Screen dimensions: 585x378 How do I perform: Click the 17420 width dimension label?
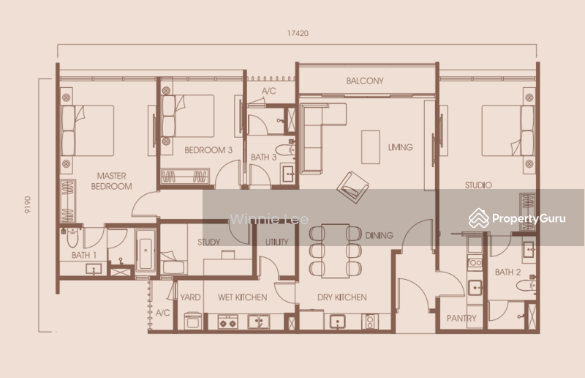click(x=298, y=33)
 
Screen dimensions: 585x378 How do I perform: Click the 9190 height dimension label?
click(x=28, y=205)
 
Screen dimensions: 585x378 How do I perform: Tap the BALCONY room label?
click(x=364, y=81)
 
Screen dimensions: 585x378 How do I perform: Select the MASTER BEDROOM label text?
click(x=112, y=181)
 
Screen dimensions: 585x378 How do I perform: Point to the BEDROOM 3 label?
click(x=208, y=150)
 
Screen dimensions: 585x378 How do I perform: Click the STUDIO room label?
click(x=478, y=185)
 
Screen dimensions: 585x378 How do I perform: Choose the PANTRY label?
click(x=461, y=318)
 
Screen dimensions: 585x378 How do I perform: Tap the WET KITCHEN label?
click(x=242, y=297)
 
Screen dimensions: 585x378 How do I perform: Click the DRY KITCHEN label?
click(x=341, y=297)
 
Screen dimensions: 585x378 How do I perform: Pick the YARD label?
click(x=190, y=297)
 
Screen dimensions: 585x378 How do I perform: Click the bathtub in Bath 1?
click(x=146, y=250)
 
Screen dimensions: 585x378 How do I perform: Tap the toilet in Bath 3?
click(x=285, y=150)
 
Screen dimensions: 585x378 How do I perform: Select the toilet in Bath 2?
click(x=526, y=285)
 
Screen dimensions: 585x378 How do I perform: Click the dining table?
click(x=336, y=251)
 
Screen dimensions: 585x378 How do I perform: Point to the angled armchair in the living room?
click(x=352, y=188)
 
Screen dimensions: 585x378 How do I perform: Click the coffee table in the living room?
click(x=371, y=147)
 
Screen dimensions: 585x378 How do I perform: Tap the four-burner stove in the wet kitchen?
click(x=227, y=322)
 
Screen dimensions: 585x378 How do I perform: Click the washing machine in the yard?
click(x=193, y=321)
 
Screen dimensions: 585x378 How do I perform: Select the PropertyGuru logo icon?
click(x=479, y=218)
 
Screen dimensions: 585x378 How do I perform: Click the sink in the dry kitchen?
click(x=337, y=322)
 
